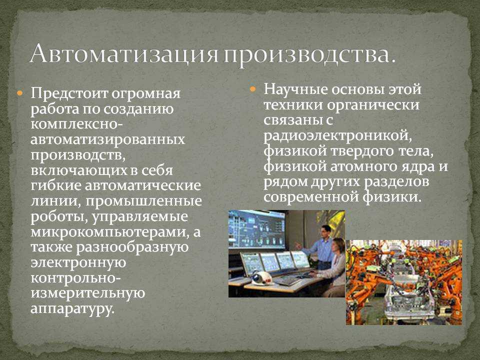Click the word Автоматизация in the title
click(124, 53)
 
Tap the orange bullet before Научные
click(253, 89)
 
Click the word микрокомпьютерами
click(109, 231)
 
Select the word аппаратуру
click(72, 308)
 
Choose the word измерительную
click(88, 293)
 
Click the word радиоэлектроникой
click(338, 135)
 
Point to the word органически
click(373, 105)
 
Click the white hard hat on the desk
click(261, 278)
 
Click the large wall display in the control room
click(256, 229)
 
